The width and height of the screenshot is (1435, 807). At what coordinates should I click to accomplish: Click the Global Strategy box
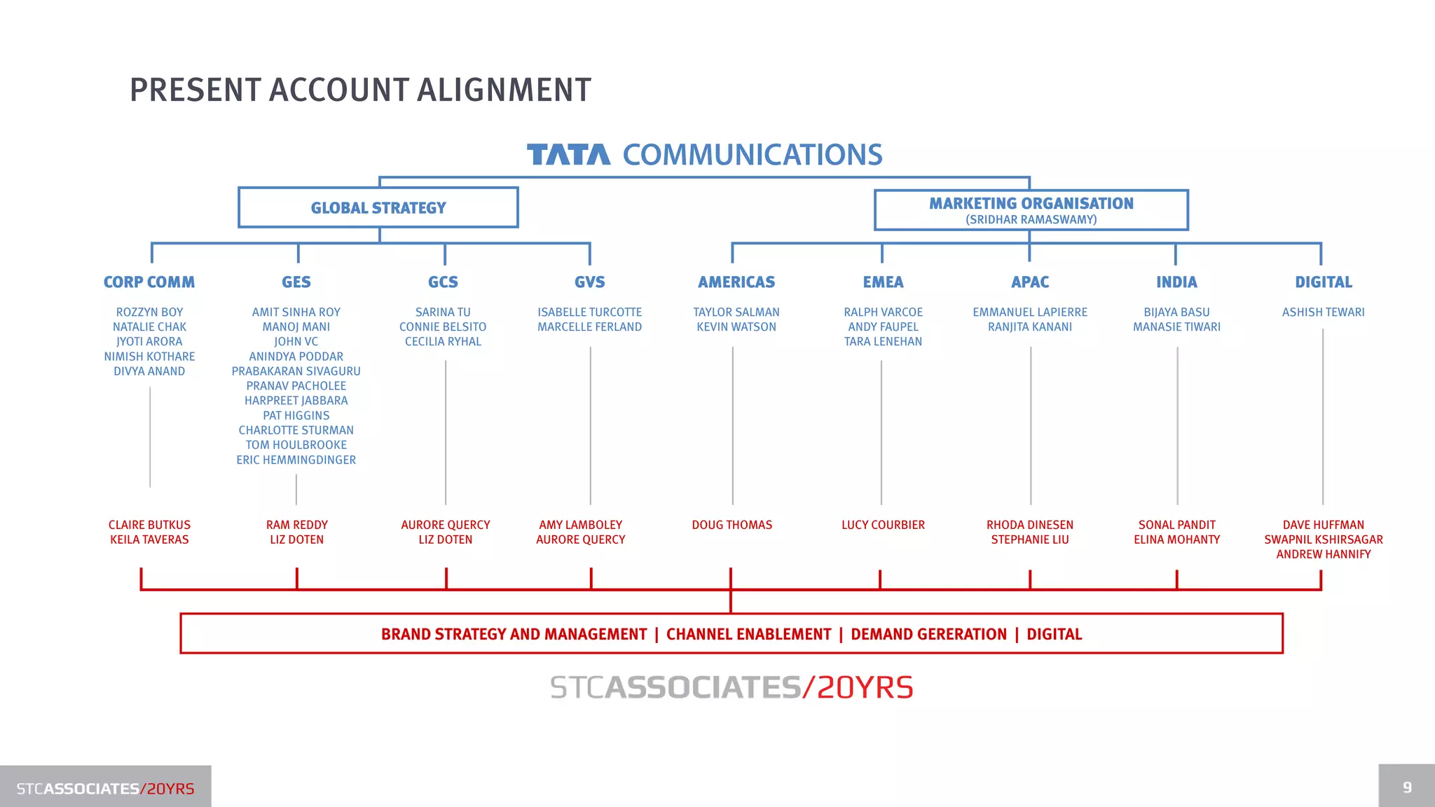pos(378,208)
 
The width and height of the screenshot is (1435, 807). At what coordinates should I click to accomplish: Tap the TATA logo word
pos(568,155)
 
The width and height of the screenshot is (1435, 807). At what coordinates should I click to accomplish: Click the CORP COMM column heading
pos(149,282)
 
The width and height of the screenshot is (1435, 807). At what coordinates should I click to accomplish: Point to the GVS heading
pos(589,282)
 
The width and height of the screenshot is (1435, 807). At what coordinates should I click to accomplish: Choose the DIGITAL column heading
pos(1323,282)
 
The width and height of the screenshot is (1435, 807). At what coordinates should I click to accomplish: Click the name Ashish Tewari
pos(1323,312)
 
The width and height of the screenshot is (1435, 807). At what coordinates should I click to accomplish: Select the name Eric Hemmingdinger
pos(296,460)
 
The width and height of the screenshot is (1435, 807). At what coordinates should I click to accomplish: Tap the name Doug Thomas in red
pos(732,525)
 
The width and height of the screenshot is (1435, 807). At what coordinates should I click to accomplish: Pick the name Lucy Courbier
pos(883,525)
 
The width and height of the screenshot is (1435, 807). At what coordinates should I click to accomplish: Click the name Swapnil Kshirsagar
pos(1323,540)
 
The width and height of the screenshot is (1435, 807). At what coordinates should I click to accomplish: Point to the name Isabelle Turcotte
pos(589,312)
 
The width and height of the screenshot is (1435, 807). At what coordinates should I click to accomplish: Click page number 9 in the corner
pos(1407,787)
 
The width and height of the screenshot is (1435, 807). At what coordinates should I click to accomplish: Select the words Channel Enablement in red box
pos(748,635)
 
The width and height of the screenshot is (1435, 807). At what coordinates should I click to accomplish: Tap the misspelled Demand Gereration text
pos(928,635)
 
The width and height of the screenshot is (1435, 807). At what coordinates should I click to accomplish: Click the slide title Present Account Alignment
pos(360,90)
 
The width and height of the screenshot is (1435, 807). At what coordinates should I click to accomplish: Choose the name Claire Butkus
pos(149,525)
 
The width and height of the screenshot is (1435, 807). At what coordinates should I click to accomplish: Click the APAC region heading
pos(1029,282)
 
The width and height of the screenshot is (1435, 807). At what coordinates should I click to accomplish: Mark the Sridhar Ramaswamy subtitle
pos(1031,220)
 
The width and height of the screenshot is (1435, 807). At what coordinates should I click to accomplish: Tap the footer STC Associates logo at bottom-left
pos(105,789)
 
